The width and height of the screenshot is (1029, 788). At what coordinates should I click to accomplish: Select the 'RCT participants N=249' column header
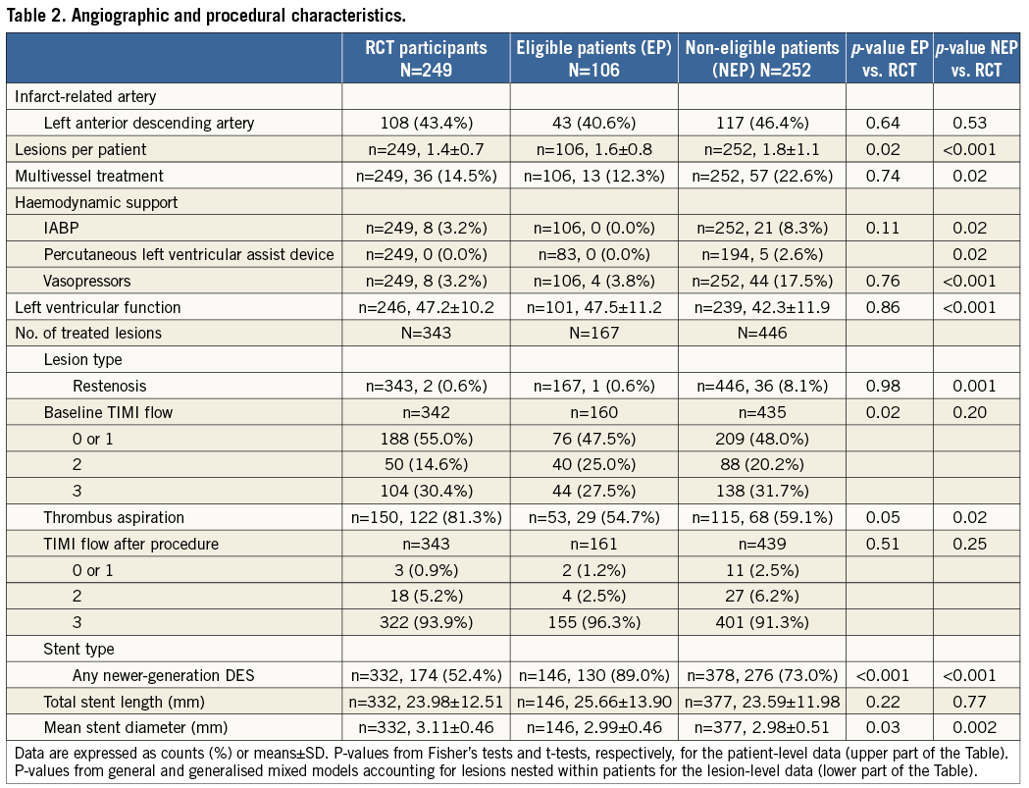tap(426, 58)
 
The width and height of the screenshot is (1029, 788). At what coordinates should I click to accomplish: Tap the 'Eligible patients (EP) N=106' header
tap(593, 58)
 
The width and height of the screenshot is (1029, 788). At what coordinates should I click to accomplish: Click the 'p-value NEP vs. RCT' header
tap(975, 58)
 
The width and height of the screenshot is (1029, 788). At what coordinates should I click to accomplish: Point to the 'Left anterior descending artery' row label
tap(149, 124)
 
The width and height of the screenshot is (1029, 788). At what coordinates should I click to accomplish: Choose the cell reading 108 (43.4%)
tap(426, 124)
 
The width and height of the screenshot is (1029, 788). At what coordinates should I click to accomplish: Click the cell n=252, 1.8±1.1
tap(761, 150)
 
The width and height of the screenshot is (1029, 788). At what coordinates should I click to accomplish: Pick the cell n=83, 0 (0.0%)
tap(593, 255)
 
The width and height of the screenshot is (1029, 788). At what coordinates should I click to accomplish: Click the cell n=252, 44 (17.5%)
tap(761, 282)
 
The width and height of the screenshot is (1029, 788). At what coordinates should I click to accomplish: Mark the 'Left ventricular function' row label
tap(97, 307)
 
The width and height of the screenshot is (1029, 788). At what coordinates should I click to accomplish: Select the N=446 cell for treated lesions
tap(761, 334)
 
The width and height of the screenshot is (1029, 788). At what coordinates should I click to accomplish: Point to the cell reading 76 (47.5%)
tap(593, 439)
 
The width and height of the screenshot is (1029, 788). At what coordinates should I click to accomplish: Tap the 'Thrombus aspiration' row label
tap(114, 518)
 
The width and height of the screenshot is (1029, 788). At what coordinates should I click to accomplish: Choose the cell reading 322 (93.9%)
tap(426, 623)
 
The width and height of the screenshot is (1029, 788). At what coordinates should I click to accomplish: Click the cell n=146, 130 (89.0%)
tap(593, 675)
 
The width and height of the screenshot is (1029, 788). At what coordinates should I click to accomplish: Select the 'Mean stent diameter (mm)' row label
tap(135, 728)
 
